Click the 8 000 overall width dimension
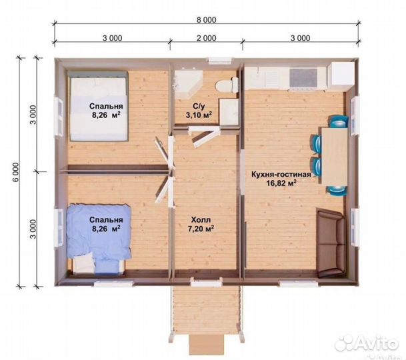click(207, 20)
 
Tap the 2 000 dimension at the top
click(207, 38)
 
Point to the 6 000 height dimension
click(16, 172)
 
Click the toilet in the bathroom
click(227, 85)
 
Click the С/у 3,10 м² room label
click(199, 111)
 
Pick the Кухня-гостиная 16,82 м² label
click(281, 179)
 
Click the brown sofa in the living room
click(331, 243)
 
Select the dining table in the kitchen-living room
click(335, 156)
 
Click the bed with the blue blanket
click(99, 239)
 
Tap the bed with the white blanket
click(98, 106)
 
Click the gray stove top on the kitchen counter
click(303, 78)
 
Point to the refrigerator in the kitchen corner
click(341, 74)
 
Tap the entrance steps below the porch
click(206, 345)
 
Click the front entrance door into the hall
click(207, 282)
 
